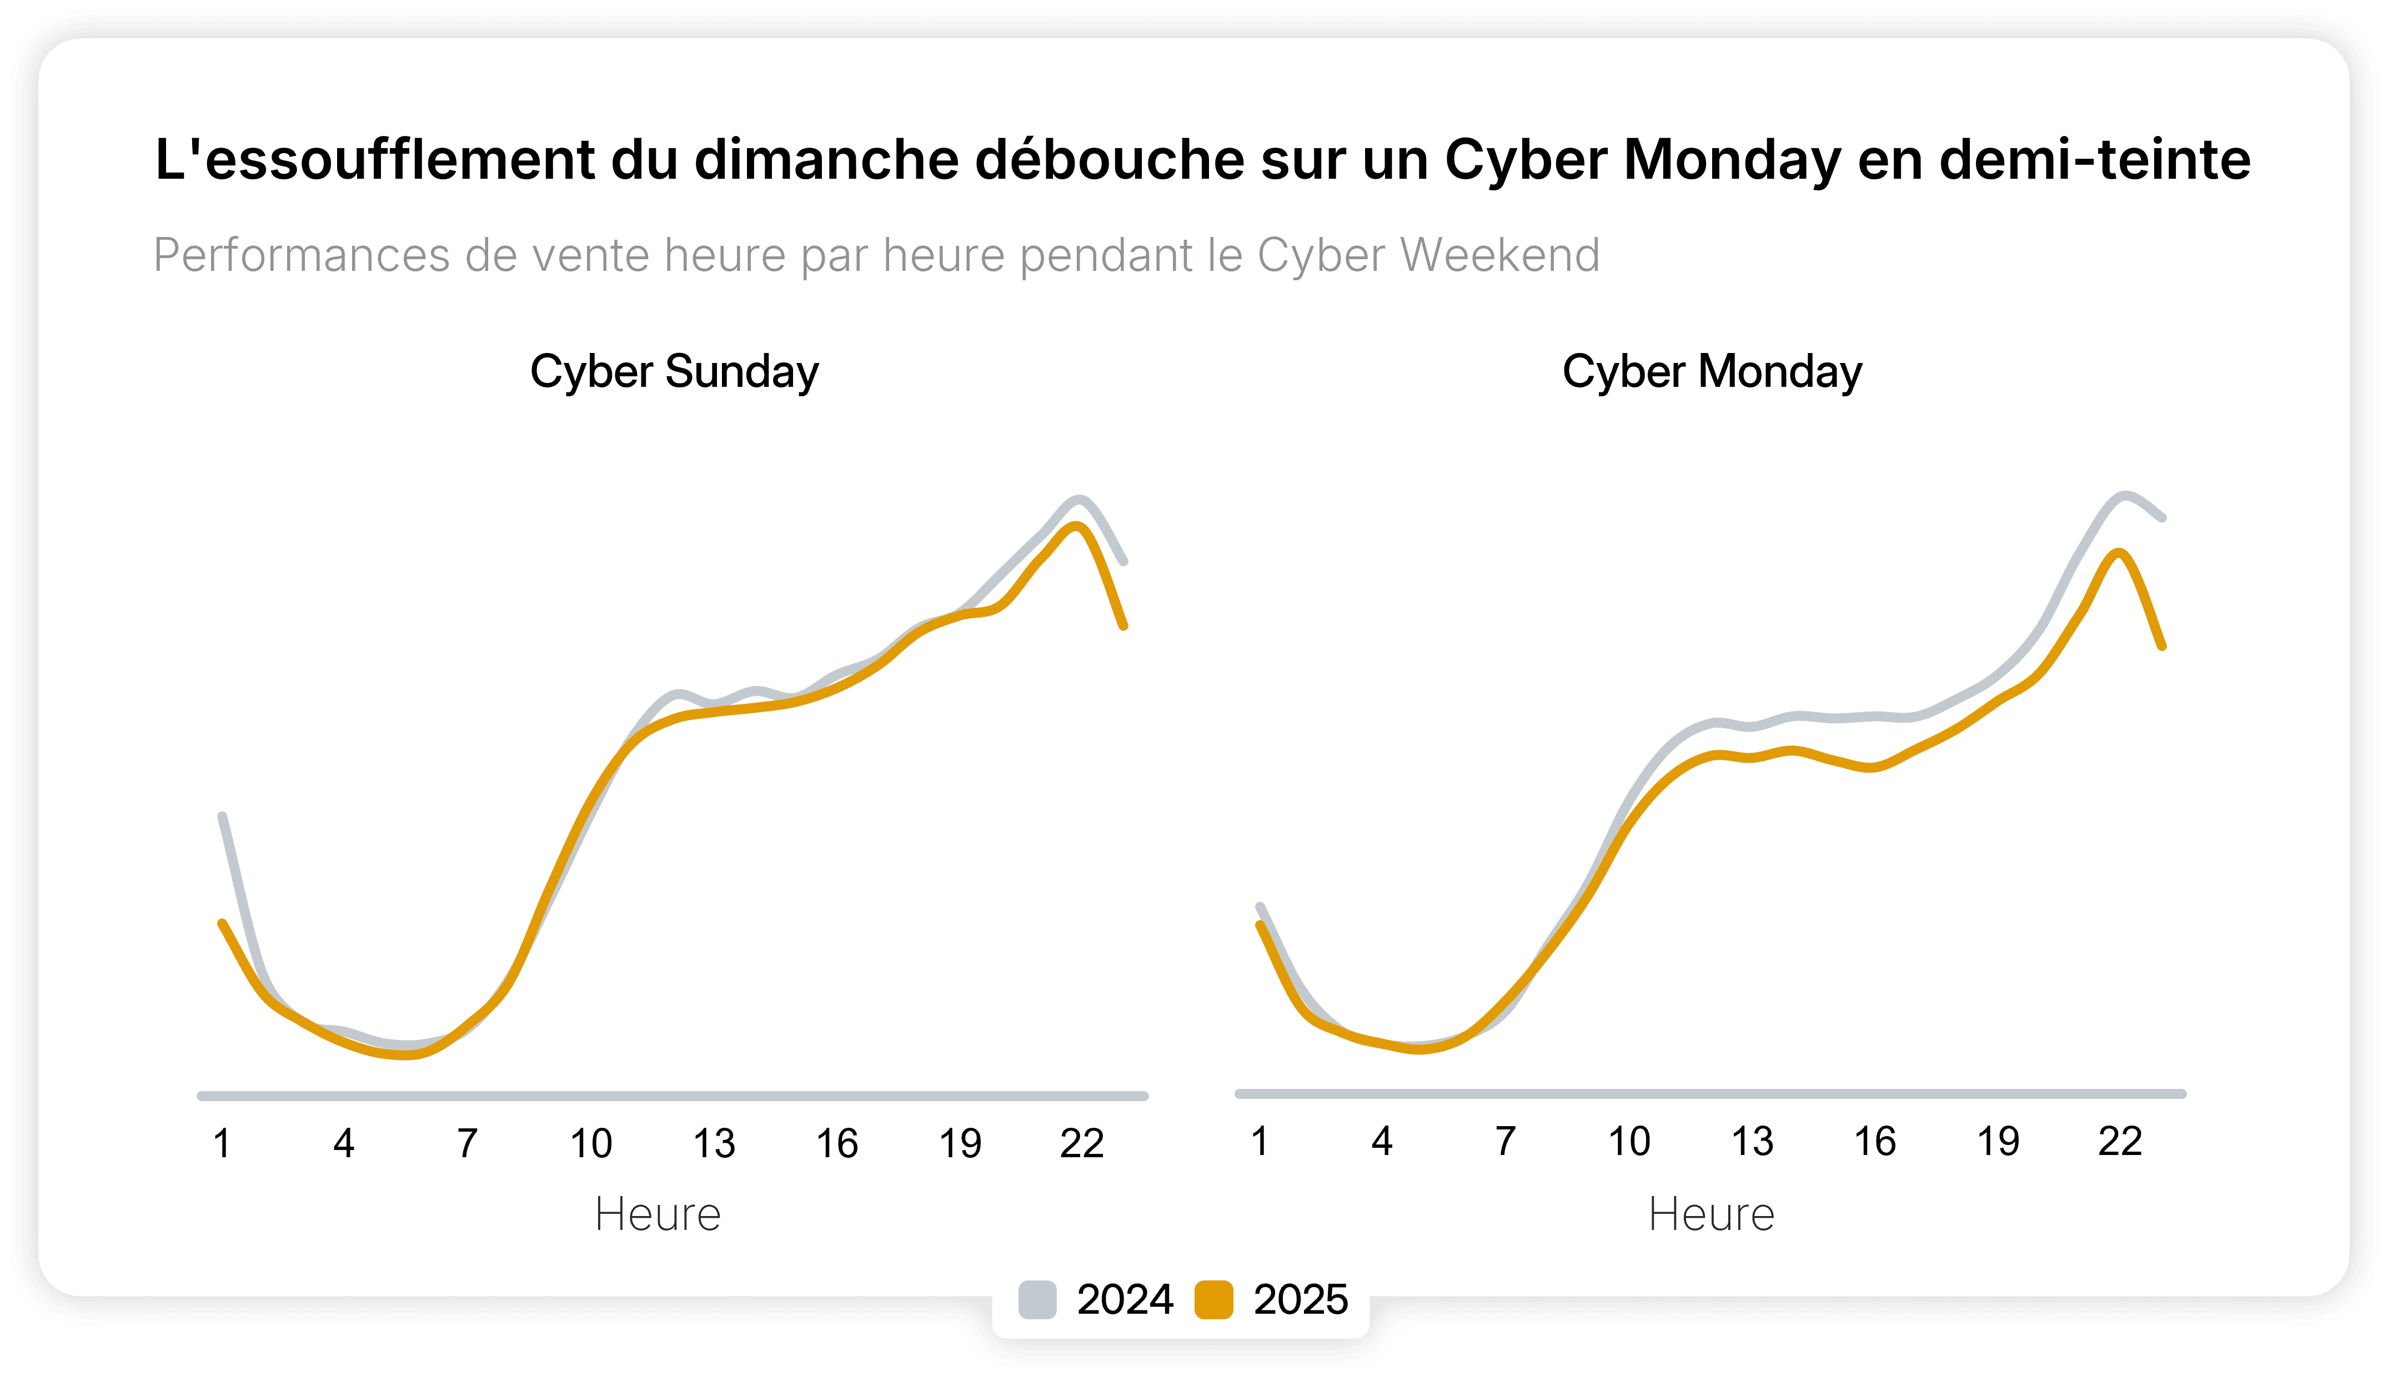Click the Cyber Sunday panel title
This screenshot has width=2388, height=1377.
(674, 371)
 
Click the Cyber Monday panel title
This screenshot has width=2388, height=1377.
(1712, 371)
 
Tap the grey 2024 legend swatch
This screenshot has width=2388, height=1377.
(1037, 1299)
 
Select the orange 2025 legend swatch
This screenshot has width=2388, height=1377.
(1214, 1299)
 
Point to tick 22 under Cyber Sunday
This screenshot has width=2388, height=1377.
(1081, 1143)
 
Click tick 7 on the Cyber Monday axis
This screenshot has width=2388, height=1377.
(1505, 1142)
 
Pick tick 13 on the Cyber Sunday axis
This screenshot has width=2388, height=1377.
(714, 1143)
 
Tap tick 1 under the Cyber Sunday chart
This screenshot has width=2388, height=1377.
(222, 1143)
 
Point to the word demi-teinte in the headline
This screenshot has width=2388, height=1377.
(2095, 159)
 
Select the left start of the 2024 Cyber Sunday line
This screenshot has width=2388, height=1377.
(222, 815)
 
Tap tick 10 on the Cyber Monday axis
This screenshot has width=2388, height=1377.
(1628, 1142)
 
